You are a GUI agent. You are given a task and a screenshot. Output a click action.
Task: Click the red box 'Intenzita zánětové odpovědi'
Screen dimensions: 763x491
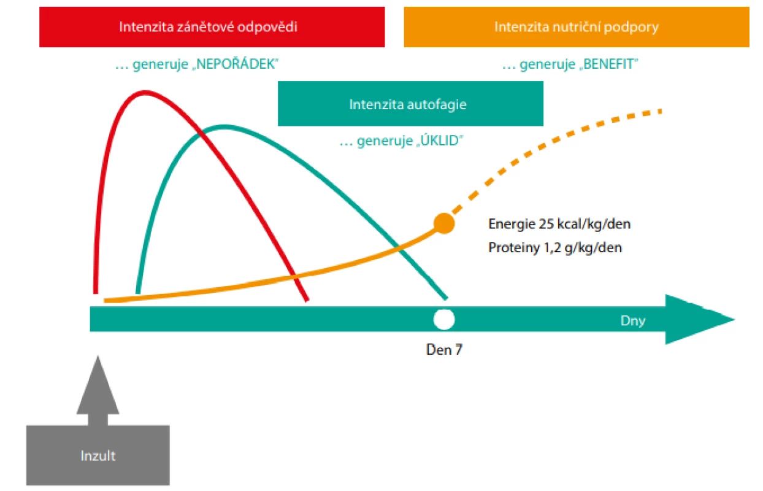click(212, 27)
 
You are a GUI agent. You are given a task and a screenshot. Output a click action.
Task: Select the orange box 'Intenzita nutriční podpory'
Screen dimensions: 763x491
click(577, 27)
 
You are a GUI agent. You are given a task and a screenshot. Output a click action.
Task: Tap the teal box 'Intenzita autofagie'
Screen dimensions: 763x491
click(410, 104)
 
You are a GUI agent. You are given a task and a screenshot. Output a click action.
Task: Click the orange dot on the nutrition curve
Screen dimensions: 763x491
click(444, 223)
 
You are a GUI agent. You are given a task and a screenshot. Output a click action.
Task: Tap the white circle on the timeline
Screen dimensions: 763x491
click(444, 320)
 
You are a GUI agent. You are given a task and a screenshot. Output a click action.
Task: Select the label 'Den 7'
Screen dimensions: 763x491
click(444, 350)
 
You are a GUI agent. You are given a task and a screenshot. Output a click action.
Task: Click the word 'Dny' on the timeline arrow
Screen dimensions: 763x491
click(633, 320)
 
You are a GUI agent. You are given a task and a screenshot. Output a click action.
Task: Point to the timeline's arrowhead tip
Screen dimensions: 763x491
click(734, 319)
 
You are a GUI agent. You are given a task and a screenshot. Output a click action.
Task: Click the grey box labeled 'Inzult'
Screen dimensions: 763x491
click(98, 455)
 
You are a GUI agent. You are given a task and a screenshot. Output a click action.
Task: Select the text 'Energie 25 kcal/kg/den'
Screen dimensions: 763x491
click(559, 224)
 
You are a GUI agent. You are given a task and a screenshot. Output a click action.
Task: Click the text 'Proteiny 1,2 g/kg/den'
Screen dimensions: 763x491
click(555, 248)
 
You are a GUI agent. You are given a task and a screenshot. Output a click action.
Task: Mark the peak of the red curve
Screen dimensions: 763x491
click(145, 93)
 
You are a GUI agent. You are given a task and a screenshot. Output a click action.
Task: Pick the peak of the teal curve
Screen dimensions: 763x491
click(223, 128)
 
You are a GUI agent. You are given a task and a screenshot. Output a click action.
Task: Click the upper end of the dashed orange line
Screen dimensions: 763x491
click(660, 112)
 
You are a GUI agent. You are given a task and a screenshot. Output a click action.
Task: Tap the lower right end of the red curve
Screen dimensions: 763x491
click(307, 300)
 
